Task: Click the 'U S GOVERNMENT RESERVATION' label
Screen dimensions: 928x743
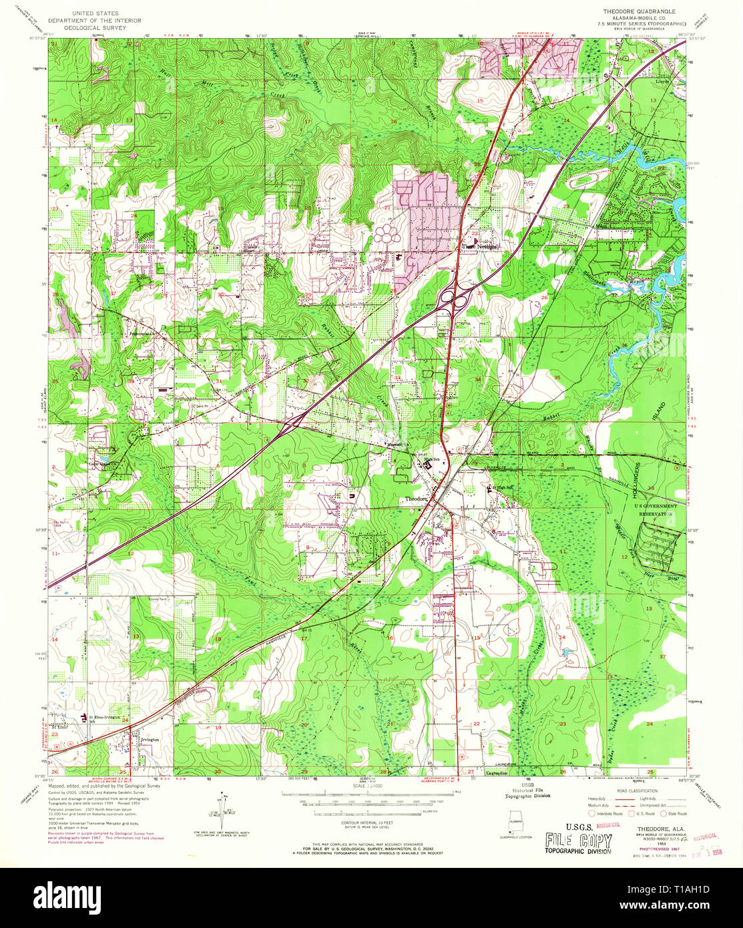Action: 655,510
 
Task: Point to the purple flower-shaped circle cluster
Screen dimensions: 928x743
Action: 387,234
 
